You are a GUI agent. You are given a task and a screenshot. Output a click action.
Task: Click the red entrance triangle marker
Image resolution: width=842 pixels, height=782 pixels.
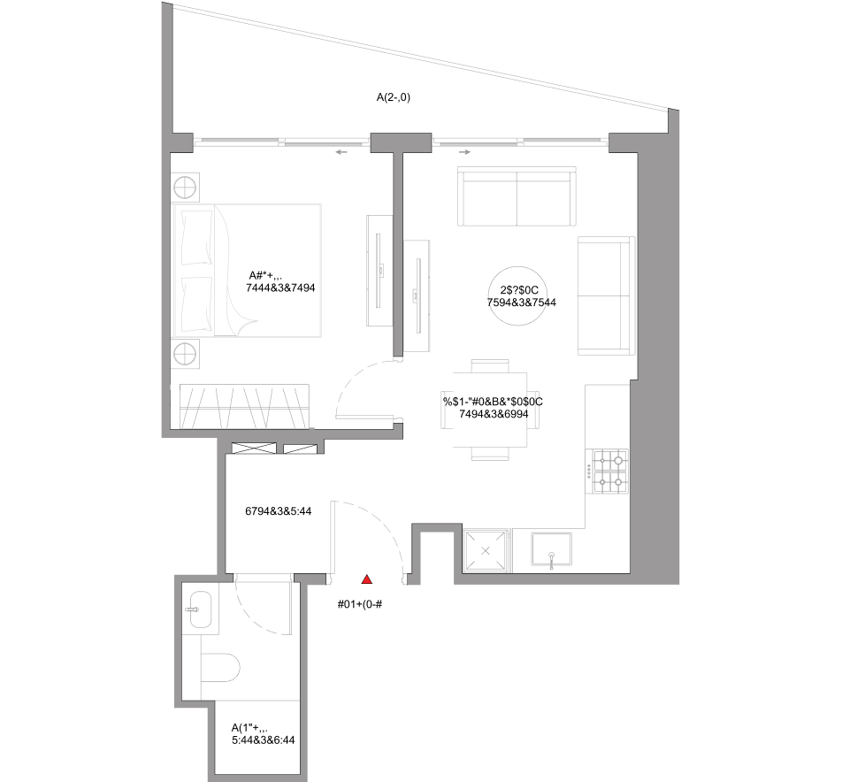[x=367, y=579]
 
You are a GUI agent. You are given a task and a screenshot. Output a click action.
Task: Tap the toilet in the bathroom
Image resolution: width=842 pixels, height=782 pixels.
[x=220, y=668]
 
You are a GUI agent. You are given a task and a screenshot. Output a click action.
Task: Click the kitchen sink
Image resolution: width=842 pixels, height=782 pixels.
[x=551, y=548]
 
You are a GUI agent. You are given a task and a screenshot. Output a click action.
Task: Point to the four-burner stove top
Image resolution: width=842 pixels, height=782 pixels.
[x=610, y=471]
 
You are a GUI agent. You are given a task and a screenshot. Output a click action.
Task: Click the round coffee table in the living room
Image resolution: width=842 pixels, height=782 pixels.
[x=518, y=296]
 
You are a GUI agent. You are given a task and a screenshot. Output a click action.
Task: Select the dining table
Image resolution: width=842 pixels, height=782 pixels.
[x=490, y=410]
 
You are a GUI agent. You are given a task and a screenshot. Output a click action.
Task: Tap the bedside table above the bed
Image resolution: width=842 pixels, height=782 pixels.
[x=185, y=188]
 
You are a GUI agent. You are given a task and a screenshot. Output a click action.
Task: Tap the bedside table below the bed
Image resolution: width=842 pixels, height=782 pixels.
[x=185, y=354]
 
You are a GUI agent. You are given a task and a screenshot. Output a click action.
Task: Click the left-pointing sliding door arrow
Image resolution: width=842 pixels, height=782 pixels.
[x=341, y=152]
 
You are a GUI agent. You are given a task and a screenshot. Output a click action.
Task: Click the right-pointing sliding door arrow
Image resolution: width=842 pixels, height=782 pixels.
[x=464, y=152]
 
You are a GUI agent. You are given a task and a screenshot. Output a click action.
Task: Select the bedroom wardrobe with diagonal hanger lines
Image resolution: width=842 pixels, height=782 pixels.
[x=244, y=406]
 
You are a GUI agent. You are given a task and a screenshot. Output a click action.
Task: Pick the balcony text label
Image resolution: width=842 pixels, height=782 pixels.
[x=393, y=97]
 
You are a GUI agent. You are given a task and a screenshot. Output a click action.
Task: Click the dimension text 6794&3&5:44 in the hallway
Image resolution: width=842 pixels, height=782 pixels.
[x=278, y=511]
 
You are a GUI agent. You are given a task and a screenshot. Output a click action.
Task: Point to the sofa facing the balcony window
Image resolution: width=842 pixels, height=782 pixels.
[x=517, y=196]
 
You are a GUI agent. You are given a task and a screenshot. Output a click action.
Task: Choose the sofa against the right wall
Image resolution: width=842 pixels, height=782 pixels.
[x=606, y=296]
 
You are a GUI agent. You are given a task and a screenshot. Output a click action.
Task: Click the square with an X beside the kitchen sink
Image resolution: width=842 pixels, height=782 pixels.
[x=486, y=550]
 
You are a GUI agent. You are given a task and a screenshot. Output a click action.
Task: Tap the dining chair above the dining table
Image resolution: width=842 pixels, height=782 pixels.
[x=490, y=365]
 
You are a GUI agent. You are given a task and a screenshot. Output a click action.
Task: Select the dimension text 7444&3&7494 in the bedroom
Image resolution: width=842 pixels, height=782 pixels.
[x=280, y=287]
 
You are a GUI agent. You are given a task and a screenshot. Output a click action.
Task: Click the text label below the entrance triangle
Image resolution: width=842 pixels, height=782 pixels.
[x=360, y=604]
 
